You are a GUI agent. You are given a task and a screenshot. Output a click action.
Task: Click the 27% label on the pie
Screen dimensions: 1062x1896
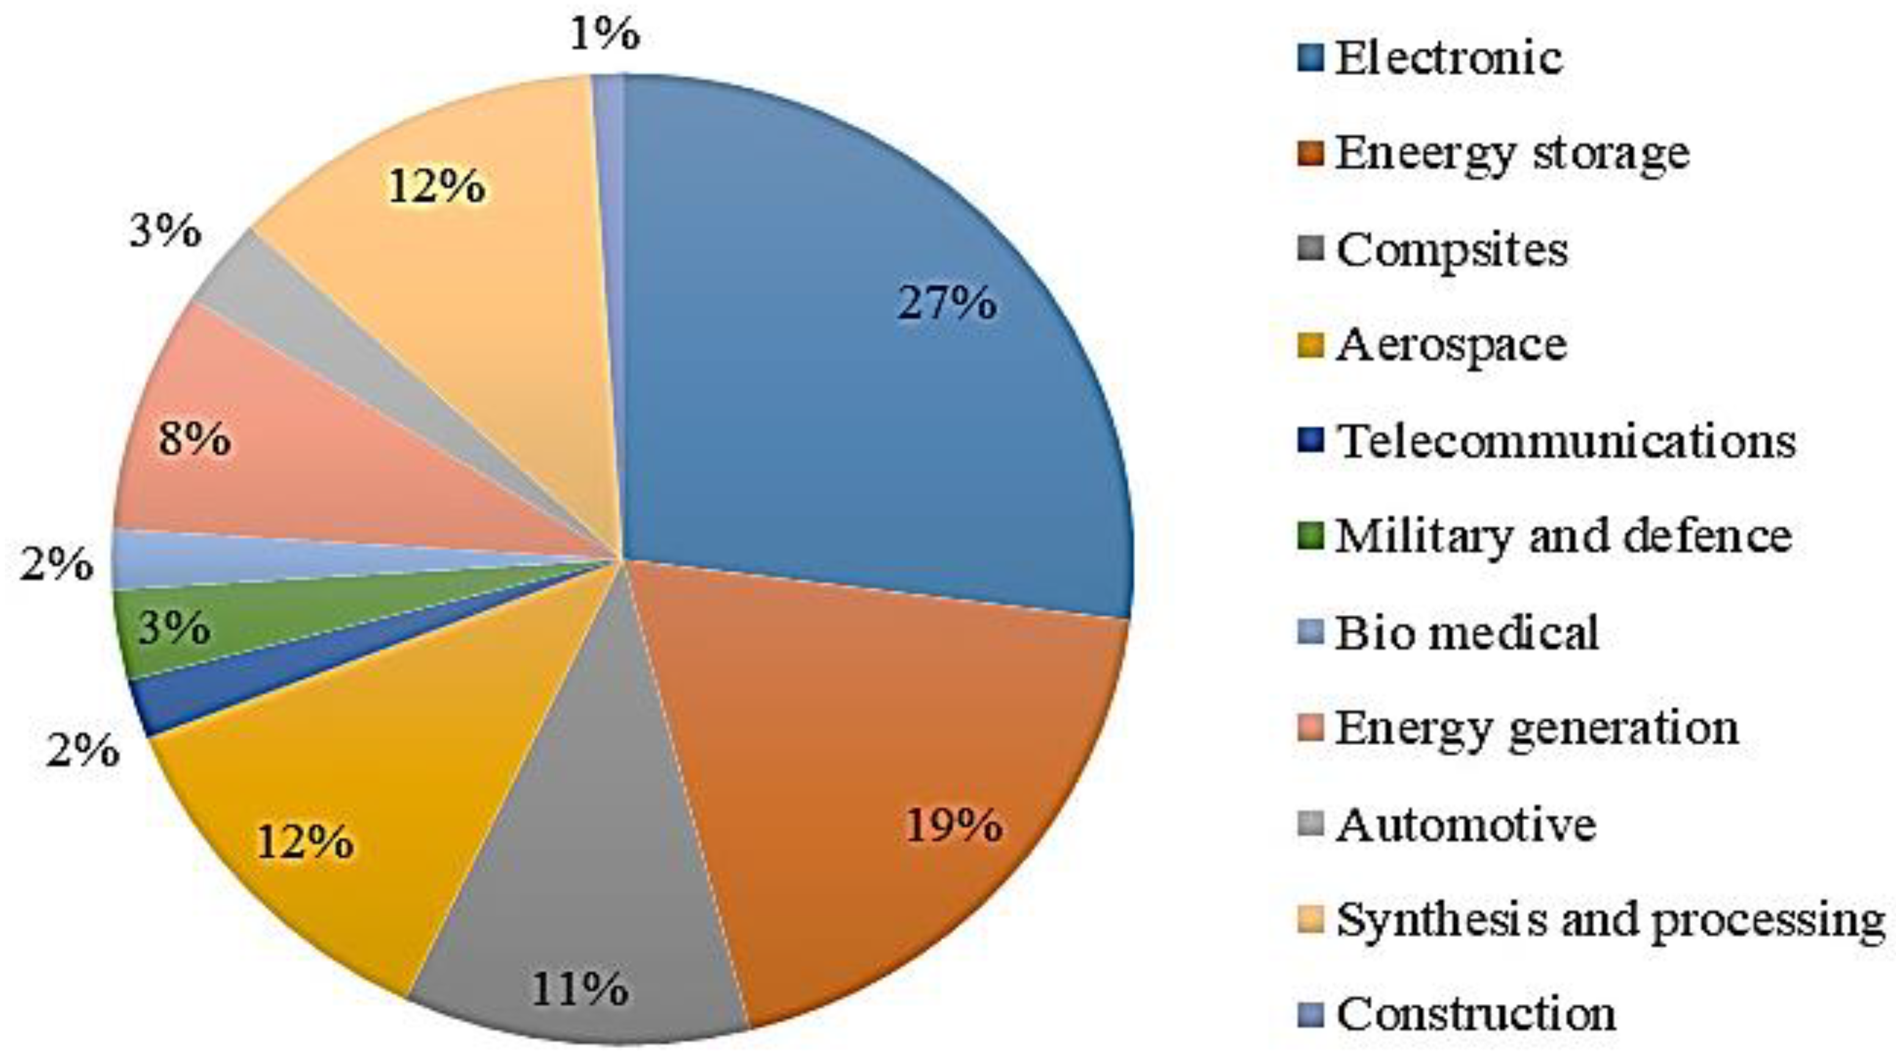click(x=947, y=304)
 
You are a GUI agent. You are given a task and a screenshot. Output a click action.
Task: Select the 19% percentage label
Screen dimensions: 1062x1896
click(x=954, y=825)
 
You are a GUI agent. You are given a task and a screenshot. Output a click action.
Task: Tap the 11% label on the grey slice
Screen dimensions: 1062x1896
click(x=580, y=989)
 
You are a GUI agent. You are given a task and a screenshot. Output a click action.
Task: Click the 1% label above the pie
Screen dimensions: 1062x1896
click(x=605, y=35)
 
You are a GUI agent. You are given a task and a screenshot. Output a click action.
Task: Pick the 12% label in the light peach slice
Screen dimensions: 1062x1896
click(x=437, y=186)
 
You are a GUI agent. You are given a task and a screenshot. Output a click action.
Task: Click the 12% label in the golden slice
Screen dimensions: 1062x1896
click(x=305, y=842)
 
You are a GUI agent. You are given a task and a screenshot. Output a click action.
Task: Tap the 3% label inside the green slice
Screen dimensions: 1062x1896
click(x=175, y=629)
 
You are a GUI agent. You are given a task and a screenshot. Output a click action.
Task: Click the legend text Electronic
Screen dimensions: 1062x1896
click(x=1448, y=57)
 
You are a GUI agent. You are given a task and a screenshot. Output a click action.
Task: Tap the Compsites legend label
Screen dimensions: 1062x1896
click(x=1451, y=250)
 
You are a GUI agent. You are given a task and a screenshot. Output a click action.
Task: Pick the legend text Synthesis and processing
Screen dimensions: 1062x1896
click(x=1610, y=920)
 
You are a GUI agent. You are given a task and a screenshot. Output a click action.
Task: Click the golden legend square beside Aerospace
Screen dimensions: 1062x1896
click(x=1311, y=344)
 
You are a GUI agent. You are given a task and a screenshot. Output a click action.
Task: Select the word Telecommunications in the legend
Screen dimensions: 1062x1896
click(x=1566, y=441)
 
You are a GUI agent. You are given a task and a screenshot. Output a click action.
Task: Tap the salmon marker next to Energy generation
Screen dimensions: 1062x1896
click(x=1311, y=728)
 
